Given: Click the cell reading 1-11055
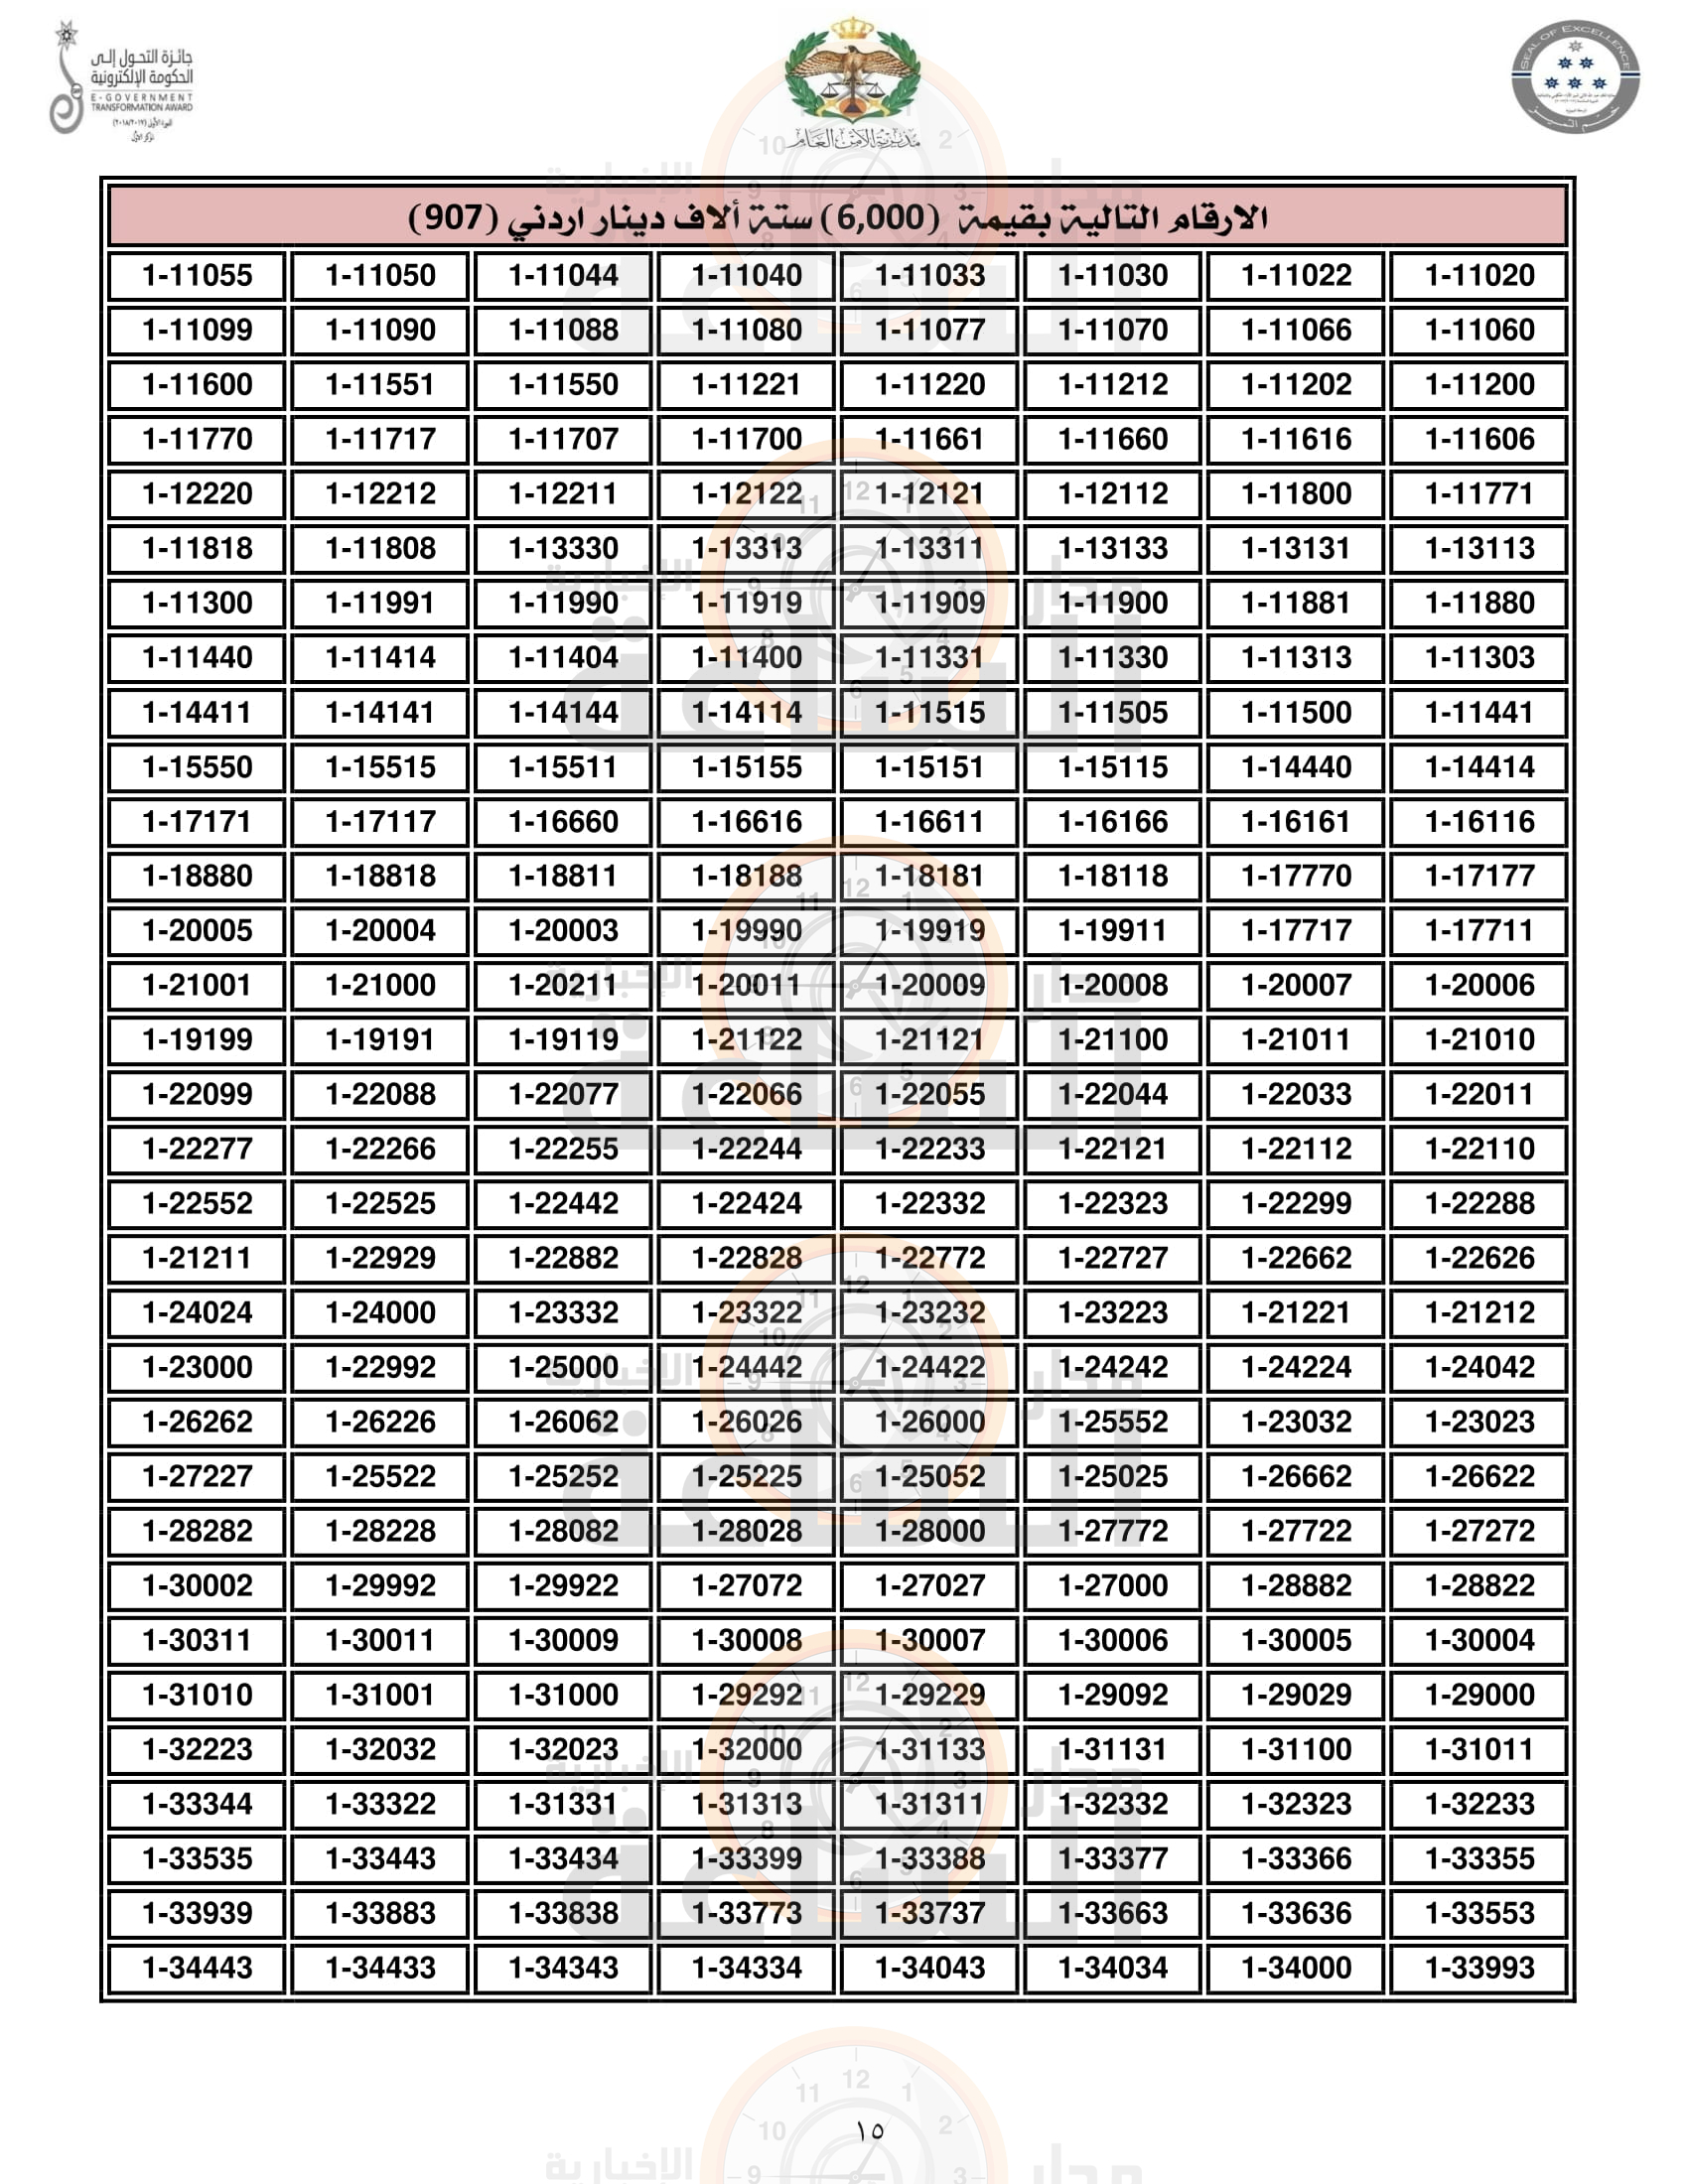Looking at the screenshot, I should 197,276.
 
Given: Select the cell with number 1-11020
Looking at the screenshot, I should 1479,276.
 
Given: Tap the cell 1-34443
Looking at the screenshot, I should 197,1968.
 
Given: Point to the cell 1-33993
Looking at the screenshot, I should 1479,1968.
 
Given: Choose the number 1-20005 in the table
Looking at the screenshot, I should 197,931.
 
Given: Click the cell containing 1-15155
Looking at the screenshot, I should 747,767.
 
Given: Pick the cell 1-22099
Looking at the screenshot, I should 197,1094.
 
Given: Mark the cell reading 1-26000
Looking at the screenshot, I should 930,1422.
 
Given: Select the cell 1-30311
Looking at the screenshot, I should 197,1640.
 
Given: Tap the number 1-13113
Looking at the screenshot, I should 1479,549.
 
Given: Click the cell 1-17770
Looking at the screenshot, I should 1296,876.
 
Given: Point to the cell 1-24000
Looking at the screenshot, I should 380,1313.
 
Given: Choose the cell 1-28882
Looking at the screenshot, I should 1296,1586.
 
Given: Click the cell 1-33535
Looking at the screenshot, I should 197,1859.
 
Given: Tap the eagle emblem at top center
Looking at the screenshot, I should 852,75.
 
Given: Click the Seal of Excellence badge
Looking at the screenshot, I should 1575,77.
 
